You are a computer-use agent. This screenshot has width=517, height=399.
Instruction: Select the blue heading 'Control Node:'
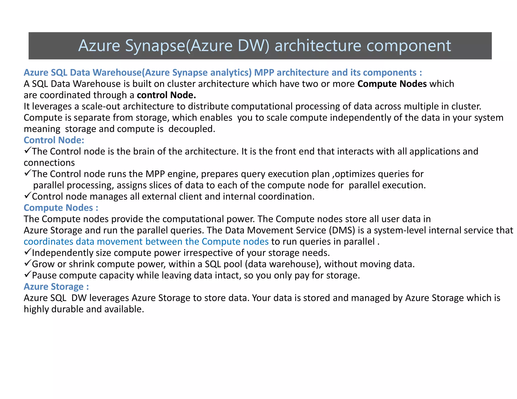pos(54,140)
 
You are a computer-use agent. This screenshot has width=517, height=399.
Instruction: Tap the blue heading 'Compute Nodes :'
pos(61,208)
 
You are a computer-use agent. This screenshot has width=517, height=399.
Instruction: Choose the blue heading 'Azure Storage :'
pos(56,287)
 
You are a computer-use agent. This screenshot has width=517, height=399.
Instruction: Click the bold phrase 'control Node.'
pos(166,95)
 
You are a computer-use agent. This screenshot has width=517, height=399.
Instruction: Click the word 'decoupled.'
pos(192,129)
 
